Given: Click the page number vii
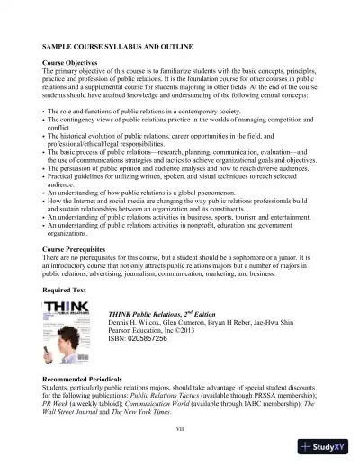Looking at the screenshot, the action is (x=179, y=428).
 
